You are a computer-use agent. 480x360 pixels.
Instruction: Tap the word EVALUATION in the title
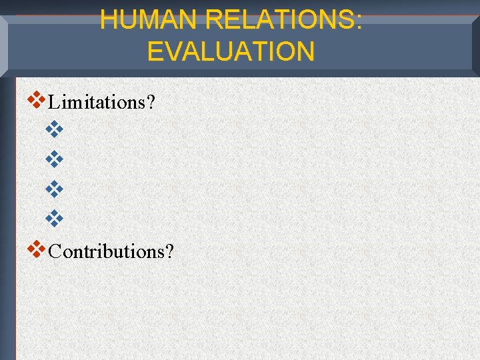coord(231,51)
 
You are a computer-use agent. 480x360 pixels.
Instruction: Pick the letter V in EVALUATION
coord(177,51)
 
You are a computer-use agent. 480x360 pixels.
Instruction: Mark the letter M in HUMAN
coord(153,20)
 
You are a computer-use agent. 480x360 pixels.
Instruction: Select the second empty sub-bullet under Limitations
coord(53,159)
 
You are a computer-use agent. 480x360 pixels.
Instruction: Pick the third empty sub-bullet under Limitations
coord(53,189)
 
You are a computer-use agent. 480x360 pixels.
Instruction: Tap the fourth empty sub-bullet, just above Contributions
coord(53,218)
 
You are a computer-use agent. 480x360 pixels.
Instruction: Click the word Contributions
coord(107,251)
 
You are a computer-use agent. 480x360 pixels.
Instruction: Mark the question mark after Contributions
coord(169,251)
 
